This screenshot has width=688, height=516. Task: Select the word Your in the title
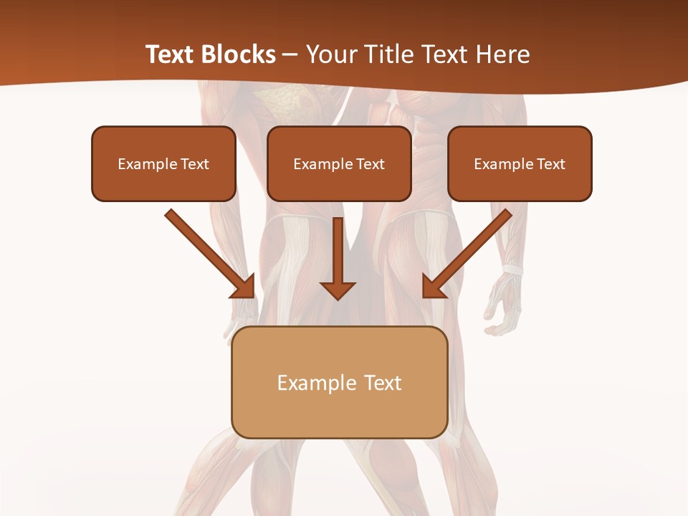coord(329,54)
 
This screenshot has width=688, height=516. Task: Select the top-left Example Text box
coord(163,163)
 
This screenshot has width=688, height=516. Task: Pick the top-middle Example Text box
coord(339,163)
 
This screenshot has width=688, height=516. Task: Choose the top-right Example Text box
coord(520,163)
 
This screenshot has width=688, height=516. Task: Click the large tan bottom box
coord(339,382)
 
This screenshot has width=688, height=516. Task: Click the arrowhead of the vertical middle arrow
coord(338,290)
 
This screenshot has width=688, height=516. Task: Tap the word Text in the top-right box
coord(550,164)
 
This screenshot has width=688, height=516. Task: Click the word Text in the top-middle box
coord(370,164)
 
